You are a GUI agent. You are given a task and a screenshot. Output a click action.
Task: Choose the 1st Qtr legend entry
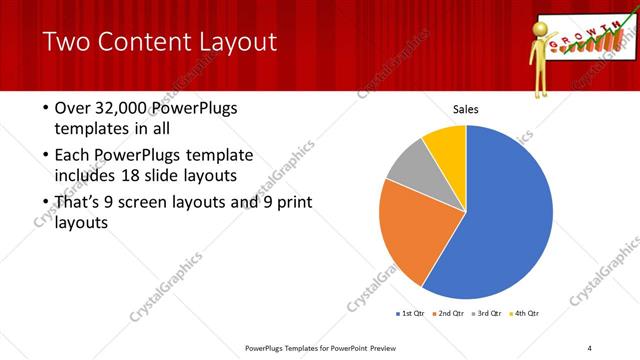410,314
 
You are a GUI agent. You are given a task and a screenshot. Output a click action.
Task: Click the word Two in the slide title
65,42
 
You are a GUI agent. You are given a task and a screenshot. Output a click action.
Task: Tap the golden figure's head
546,27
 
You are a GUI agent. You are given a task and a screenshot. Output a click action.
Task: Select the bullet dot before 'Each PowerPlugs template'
46,156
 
